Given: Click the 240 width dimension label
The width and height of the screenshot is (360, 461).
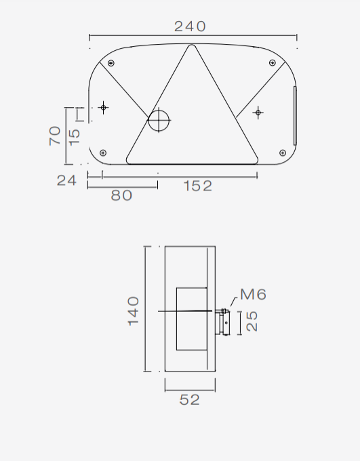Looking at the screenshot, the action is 190,26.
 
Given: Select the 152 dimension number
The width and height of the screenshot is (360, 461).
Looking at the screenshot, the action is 198,186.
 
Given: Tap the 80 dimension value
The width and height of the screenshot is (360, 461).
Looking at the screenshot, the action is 121,195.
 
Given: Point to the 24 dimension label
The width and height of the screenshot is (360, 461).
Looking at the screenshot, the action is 66,180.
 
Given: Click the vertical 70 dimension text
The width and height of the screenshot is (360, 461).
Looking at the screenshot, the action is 55,136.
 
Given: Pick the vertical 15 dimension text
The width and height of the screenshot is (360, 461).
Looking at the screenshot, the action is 75,137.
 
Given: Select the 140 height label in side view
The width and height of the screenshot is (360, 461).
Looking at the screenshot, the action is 134,311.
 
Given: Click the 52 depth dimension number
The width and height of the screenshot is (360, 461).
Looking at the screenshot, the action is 189,400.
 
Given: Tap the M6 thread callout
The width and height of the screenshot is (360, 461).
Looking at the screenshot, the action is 254,294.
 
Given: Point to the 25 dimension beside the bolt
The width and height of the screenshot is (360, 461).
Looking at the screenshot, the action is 252,321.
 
